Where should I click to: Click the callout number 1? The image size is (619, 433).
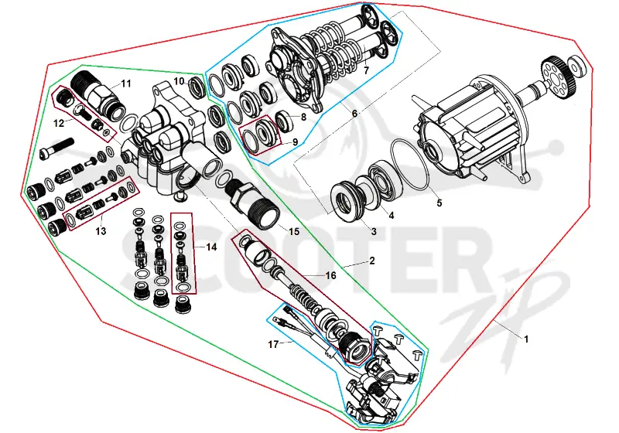click(x=526, y=339)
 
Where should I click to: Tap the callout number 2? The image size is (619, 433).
click(x=372, y=261)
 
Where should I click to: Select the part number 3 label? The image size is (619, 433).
click(x=374, y=231)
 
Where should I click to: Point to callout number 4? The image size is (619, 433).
click(x=392, y=215)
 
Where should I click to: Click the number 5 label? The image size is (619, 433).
click(x=439, y=203)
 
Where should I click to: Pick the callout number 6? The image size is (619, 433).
click(x=354, y=114)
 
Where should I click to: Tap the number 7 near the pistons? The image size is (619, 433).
click(x=366, y=70)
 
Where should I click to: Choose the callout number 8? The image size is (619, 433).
click(x=303, y=117)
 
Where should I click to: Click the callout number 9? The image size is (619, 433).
click(x=295, y=142)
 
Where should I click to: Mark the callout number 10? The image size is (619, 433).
click(x=180, y=81)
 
